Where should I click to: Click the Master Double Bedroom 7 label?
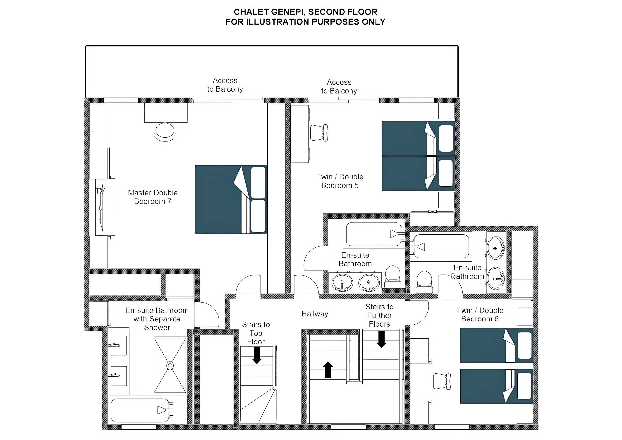click(x=153, y=197)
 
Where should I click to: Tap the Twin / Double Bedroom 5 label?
click(x=340, y=181)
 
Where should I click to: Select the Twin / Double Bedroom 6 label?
click(x=480, y=315)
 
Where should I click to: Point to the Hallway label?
click(x=315, y=314)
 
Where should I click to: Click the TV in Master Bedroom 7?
click(x=101, y=207)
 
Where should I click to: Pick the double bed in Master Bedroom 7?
click(x=231, y=199)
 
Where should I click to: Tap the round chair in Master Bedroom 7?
click(x=165, y=132)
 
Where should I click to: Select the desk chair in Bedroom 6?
click(x=442, y=381)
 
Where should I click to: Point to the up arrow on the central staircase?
click(x=328, y=370)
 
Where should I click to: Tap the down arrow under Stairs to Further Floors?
click(x=381, y=340)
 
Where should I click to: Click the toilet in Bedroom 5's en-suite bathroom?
click(x=393, y=277)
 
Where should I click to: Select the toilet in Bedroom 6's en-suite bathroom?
click(x=424, y=282)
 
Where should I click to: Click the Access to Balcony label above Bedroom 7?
click(x=225, y=85)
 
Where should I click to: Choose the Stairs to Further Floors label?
click(x=380, y=315)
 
